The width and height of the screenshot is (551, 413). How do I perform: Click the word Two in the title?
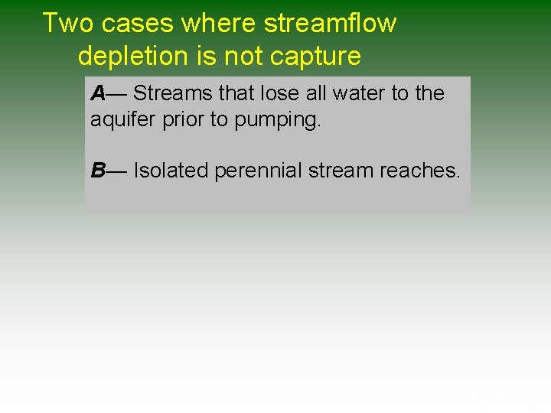click(x=68, y=24)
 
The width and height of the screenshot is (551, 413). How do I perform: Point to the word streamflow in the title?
click(x=330, y=24)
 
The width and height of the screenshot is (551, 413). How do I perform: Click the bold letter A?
click(x=98, y=93)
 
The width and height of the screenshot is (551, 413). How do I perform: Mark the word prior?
click(x=177, y=120)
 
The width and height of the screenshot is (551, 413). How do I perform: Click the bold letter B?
click(x=98, y=170)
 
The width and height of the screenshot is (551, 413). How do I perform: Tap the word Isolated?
click(x=171, y=170)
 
